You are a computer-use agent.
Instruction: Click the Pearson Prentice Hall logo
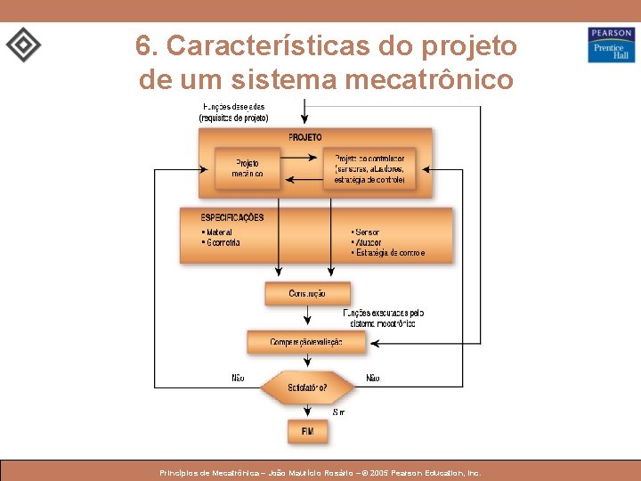(x=611, y=45)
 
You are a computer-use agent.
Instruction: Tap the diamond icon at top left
(x=23, y=45)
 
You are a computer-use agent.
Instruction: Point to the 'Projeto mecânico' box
(x=247, y=168)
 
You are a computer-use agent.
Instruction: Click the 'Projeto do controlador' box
(x=369, y=168)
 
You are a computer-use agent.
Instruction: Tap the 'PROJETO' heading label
(x=305, y=137)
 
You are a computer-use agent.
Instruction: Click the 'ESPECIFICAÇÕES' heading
(x=232, y=217)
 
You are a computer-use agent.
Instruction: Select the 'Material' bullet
(x=219, y=232)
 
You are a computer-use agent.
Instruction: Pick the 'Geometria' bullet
(x=223, y=242)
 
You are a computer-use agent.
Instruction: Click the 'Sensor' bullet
(x=367, y=232)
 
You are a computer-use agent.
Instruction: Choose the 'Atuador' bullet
(x=368, y=242)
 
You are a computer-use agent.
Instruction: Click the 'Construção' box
(x=307, y=294)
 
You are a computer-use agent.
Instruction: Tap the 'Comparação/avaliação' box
(x=307, y=342)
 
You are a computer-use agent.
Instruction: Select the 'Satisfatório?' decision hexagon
(x=307, y=387)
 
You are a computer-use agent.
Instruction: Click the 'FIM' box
(x=307, y=431)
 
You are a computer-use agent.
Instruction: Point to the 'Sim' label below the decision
(x=338, y=412)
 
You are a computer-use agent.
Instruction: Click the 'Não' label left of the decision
(x=238, y=378)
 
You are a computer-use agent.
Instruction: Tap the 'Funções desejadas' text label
(x=232, y=107)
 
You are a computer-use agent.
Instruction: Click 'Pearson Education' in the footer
(x=433, y=473)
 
